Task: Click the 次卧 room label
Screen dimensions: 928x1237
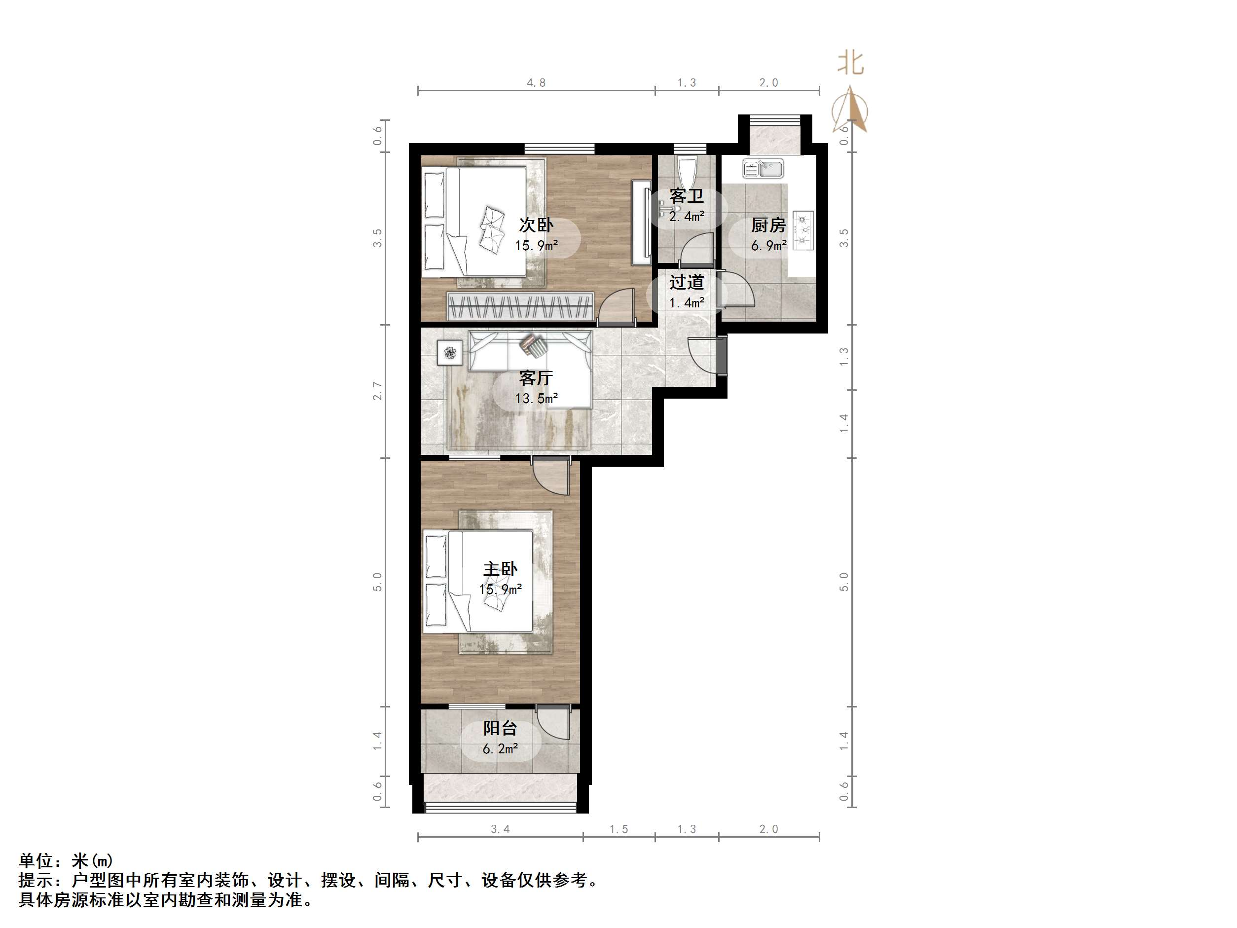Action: point(536,225)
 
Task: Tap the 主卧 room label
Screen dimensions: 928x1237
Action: point(500,569)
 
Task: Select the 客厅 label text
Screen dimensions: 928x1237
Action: point(536,378)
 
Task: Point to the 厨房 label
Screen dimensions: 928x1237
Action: point(768,225)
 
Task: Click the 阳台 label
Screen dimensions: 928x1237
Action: point(500,728)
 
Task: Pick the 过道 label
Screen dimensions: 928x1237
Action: point(687,282)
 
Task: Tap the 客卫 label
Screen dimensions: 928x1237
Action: point(687,196)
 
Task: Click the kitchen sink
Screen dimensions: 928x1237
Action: point(764,168)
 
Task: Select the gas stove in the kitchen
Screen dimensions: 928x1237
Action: point(803,230)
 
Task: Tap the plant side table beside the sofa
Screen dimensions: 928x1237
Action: point(450,352)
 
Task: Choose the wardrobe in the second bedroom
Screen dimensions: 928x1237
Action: point(520,306)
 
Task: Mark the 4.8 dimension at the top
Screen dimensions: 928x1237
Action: point(536,83)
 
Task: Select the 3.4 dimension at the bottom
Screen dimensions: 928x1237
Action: point(500,829)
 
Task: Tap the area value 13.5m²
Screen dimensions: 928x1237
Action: point(536,398)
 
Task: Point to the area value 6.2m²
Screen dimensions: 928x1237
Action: point(500,748)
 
